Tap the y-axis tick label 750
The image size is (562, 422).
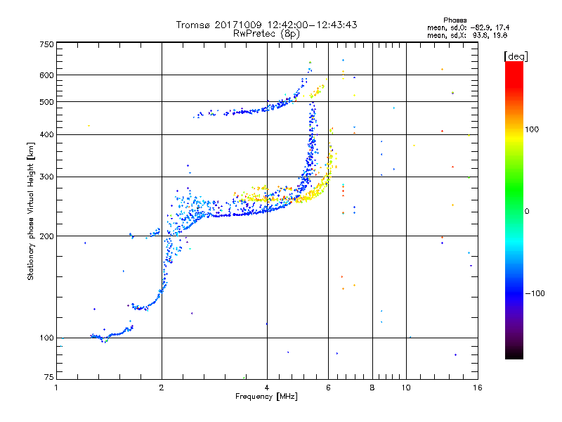[x=46, y=44]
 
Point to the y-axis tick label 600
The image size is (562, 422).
[x=46, y=75]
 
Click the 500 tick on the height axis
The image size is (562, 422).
[x=46, y=102]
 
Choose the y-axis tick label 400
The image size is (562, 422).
[x=46, y=134]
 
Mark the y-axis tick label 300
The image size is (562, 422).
[x=46, y=177]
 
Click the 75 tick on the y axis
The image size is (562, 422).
[x=48, y=380]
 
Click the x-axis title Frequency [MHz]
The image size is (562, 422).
[x=267, y=397]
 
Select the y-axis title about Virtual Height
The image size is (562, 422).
[x=31, y=211]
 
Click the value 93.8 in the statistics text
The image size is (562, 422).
[x=483, y=34]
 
